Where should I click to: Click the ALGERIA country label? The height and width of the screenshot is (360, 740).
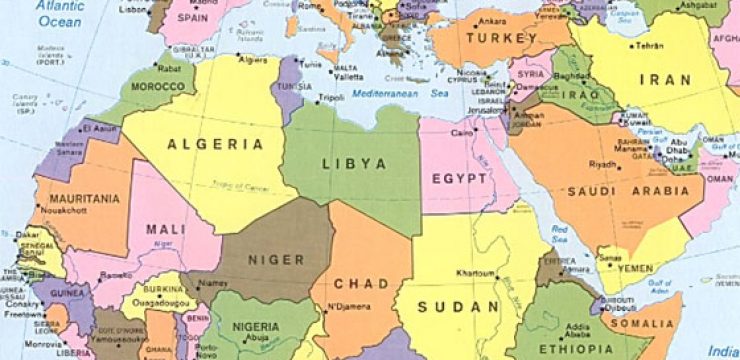coord(216,144)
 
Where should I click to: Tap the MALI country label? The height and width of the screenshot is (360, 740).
coord(166,229)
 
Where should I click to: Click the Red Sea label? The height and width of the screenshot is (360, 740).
coord(560,233)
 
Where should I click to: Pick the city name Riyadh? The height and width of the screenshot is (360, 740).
coord(602,164)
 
